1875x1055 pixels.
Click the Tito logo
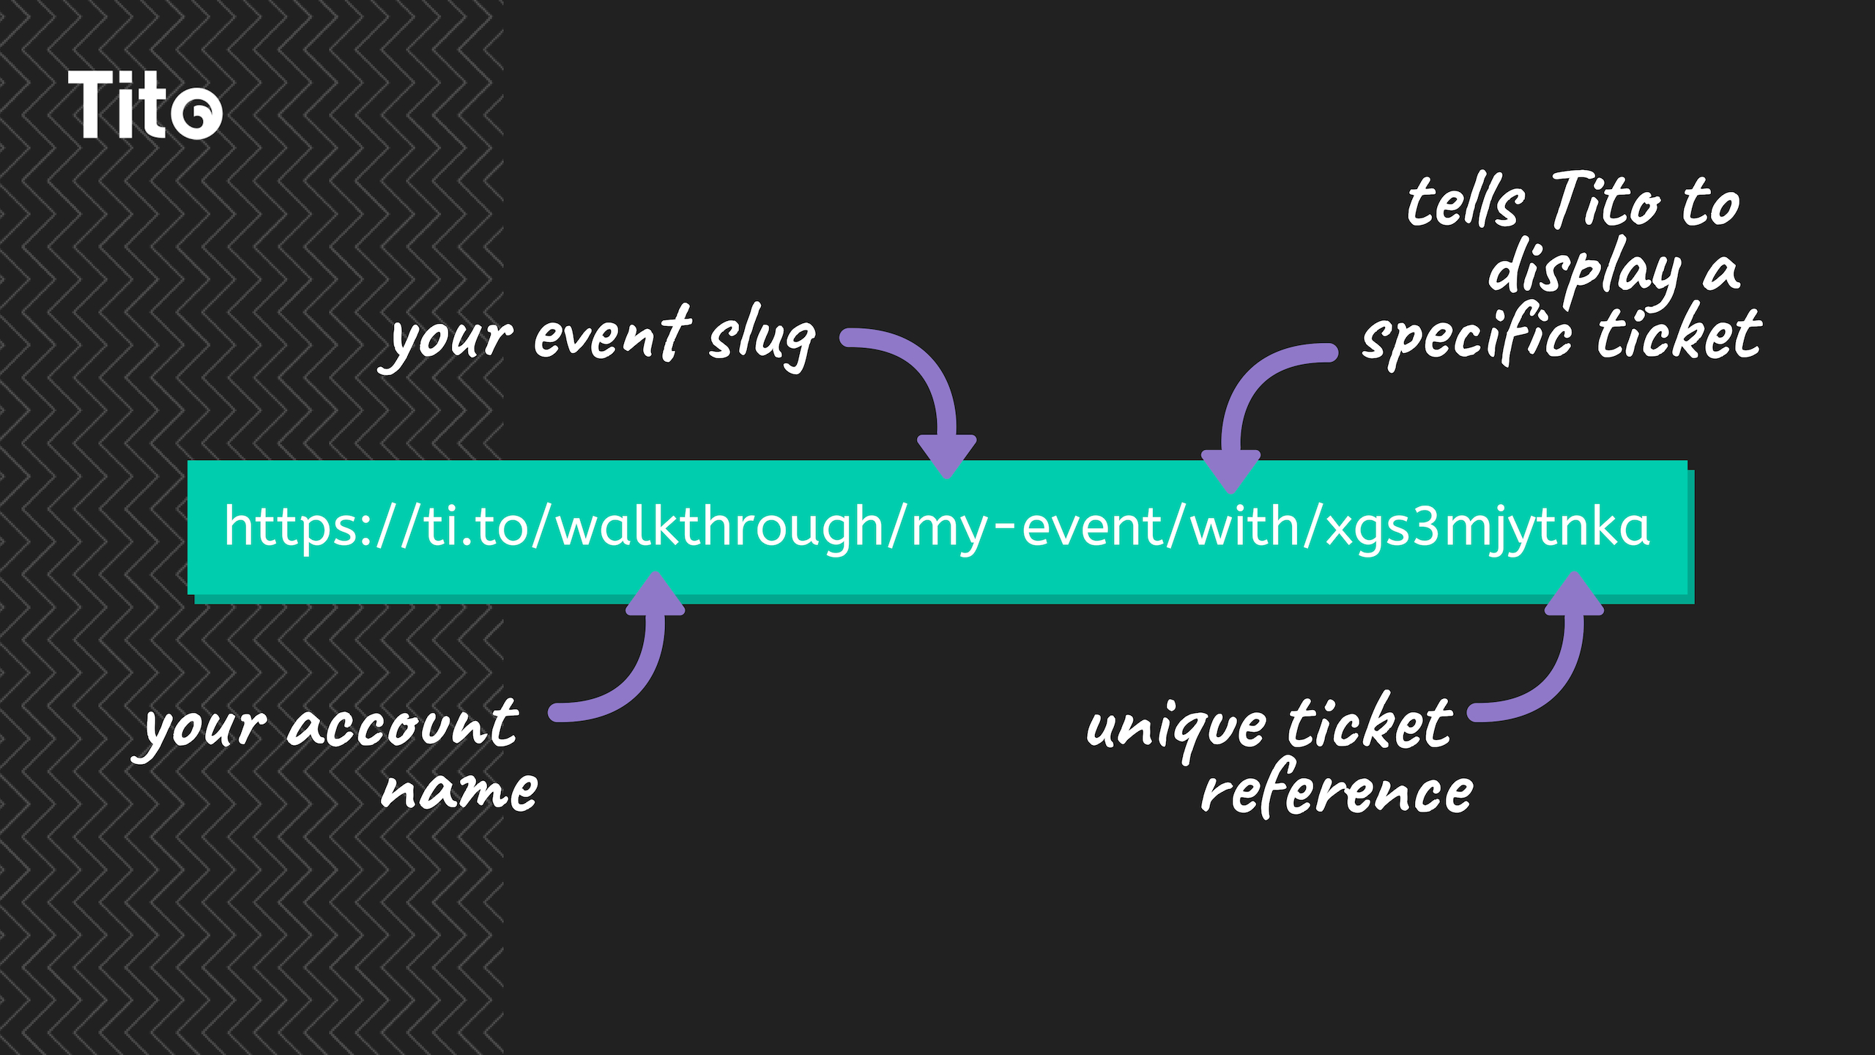pos(145,104)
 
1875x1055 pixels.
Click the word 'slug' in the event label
pos(762,338)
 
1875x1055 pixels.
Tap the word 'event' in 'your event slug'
pos(612,334)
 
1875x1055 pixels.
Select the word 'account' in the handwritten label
pos(403,724)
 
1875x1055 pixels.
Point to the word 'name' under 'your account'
pos(459,791)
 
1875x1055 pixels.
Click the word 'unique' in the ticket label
pos(1176,730)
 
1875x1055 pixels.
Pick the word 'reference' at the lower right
pos(1337,790)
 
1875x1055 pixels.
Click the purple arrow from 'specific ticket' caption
pos(1245,388)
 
